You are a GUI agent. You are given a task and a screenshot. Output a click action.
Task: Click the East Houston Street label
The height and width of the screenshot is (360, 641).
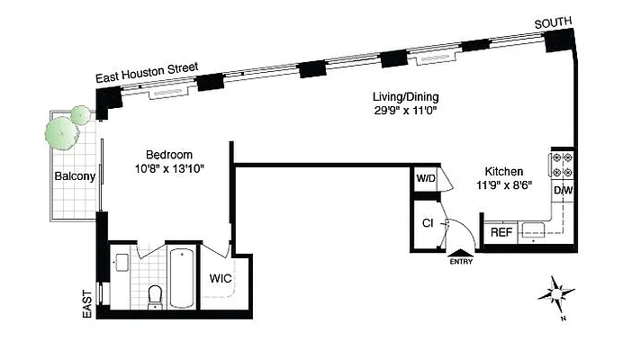click(148, 74)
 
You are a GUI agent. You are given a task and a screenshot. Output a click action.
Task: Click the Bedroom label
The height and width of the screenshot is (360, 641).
click(169, 155)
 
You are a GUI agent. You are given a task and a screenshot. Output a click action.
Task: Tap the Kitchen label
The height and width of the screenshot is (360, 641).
click(502, 172)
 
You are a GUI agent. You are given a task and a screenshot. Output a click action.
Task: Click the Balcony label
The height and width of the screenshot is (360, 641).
click(74, 176)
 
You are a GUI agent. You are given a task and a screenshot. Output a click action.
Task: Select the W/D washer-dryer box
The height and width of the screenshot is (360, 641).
click(425, 178)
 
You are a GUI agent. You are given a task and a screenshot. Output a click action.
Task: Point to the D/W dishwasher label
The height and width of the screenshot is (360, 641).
click(563, 191)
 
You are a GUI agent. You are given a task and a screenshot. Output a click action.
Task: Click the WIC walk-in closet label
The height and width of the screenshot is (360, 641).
click(221, 278)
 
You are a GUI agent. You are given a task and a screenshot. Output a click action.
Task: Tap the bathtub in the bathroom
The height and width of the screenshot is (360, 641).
click(181, 277)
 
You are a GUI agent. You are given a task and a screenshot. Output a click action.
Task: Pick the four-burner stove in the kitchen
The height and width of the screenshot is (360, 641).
click(563, 163)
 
